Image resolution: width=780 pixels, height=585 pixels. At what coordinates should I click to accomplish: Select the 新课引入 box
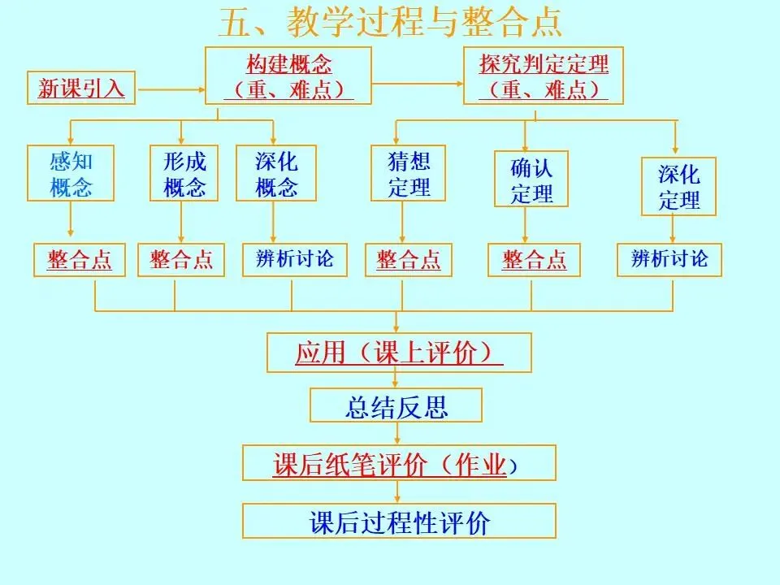[x=81, y=88]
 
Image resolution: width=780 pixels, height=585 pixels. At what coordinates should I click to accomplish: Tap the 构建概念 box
[x=288, y=76]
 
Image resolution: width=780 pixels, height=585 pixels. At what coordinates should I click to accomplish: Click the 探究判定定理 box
[x=544, y=76]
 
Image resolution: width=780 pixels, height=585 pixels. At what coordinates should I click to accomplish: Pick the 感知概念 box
[x=71, y=173]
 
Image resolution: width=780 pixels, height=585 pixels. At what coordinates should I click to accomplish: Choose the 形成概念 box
[x=184, y=173]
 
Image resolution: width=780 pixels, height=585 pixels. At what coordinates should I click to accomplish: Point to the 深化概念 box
[x=276, y=173]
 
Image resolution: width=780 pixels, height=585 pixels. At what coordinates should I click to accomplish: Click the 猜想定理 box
[x=409, y=173]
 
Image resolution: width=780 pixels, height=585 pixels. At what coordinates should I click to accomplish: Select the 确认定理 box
[x=531, y=179]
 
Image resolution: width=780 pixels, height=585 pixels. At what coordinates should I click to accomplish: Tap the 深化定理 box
[x=678, y=186]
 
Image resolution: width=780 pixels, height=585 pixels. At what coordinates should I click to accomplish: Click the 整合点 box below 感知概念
[x=80, y=260]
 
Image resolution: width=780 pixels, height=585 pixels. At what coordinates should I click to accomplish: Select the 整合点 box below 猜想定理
[x=409, y=260]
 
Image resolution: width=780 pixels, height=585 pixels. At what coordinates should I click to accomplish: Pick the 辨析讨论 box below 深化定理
[x=669, y=260]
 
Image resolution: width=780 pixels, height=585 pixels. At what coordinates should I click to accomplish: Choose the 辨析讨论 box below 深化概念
[x=294, y=260]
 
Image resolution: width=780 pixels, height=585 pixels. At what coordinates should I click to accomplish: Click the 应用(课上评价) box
[x=399, y=353]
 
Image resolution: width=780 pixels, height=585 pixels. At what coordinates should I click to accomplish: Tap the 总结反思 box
[x=396, y=405]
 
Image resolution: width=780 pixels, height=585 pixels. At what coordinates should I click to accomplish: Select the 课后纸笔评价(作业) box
[x=399, y=463]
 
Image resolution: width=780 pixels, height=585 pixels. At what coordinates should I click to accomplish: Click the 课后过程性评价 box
[x=399, y=521]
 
